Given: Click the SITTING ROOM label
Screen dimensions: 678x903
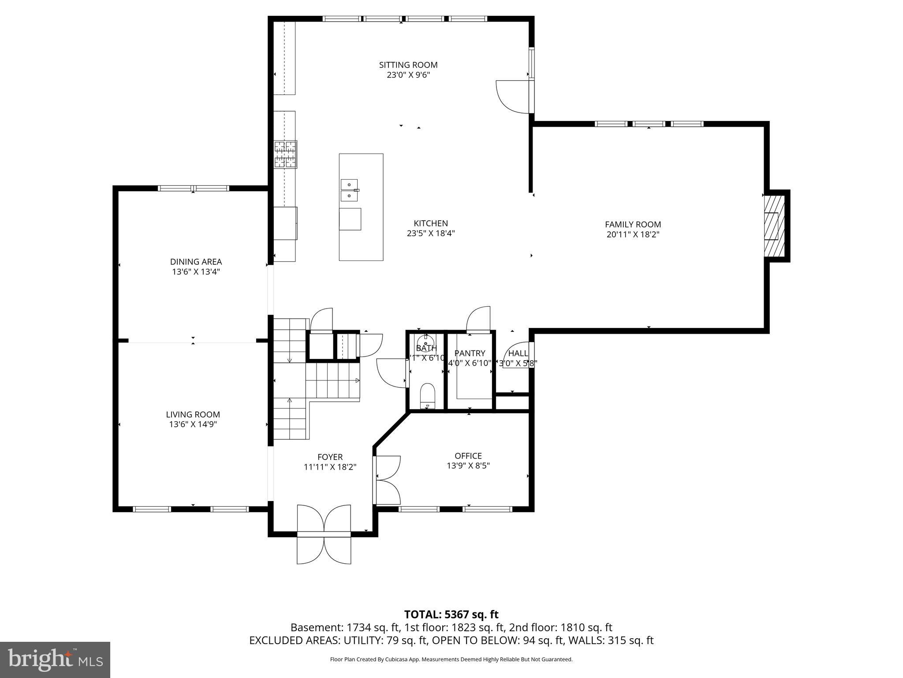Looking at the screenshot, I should (x=408, y=65).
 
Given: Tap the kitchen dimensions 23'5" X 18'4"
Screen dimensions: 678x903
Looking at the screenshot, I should (x=431, y=233).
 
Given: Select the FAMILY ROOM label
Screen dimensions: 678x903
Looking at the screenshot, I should (x=633, y=224).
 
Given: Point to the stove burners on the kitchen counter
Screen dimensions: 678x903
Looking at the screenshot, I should (x=286, y=154).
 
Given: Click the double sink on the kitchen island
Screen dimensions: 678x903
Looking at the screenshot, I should (x=349, y=190).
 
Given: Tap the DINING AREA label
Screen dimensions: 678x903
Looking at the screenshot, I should (x=196, y=262).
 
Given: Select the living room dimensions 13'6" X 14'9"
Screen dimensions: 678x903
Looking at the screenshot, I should (x=193, y=424).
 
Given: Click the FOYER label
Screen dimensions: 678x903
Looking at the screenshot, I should (x=330, y=457).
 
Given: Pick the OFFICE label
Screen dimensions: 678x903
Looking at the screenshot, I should (x=468, y=456).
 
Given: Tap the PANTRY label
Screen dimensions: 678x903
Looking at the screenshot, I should (x=470, y=353).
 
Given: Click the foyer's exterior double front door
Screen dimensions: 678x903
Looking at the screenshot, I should (x=324, y=534).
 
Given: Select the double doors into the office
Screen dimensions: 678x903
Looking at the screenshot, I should (x=387, y=480).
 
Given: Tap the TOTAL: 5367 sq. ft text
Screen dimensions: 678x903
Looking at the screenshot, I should (x=451, y=614).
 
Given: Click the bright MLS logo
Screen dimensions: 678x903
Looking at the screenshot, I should (x=55, y=659).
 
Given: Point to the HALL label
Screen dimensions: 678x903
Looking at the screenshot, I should (x=518, y=353).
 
